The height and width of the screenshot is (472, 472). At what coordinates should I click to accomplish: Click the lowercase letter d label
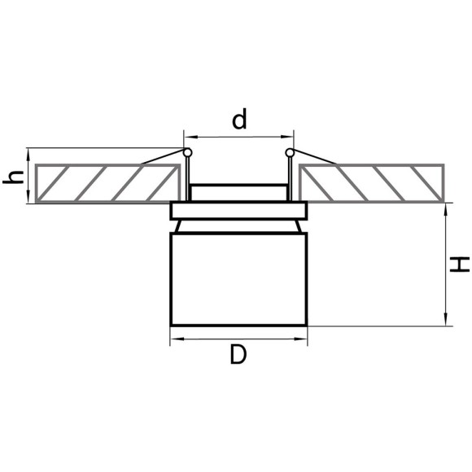[238, 120]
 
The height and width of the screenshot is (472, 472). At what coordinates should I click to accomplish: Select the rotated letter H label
[460, 264]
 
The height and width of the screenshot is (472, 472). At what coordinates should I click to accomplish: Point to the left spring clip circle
[188, 152]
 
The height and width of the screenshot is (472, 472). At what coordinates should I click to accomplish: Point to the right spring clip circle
[289, 152]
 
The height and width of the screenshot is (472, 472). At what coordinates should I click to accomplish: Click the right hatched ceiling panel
[371, 183]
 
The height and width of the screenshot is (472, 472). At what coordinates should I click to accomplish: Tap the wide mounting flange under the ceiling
[238, 211]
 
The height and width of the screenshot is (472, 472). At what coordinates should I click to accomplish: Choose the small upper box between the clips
[238, 193]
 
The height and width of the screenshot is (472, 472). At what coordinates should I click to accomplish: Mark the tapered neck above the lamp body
[238, 225]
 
